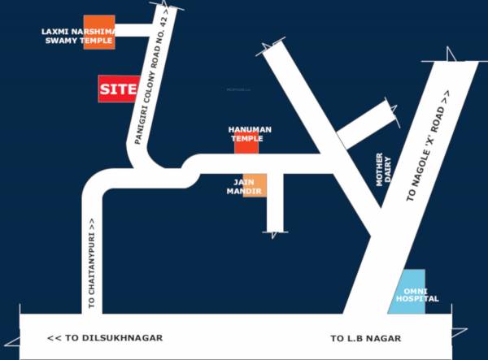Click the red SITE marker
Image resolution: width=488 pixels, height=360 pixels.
pos(118,89)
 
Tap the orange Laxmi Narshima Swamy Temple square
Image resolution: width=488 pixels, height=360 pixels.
pos(99,32)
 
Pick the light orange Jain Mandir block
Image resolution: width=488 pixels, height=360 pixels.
pos(255,186)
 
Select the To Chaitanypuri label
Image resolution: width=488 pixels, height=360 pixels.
pos(92,264)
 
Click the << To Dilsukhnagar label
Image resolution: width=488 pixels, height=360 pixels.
pos(106,338)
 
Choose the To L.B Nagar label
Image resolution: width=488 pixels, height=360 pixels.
pos(365,338)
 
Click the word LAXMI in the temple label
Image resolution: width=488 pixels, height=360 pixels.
pos(56,32)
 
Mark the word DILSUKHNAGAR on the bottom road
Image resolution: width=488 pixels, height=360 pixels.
pos(125,338)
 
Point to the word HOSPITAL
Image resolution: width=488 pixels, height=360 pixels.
pos(417,299)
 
